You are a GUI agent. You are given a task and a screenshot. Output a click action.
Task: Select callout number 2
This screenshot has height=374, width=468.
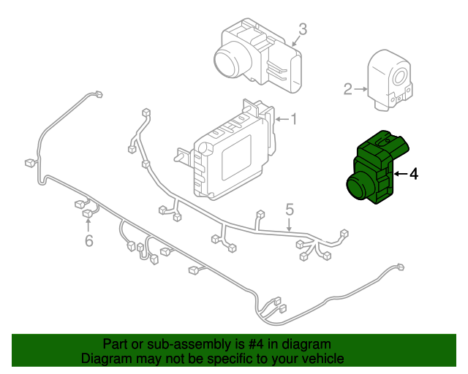pyautogui.click(x=348, y=90)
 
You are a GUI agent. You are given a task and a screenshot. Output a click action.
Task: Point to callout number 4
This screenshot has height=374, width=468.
pyautogui.click(x=413, y=174)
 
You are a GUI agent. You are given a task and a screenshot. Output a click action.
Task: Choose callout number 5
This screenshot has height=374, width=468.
pyautogui.click(x=290, y=210)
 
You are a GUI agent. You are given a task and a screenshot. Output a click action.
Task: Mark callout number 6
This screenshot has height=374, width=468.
pyautogui.click(x=88, y=240)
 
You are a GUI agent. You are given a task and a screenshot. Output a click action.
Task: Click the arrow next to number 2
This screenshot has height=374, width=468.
pyautogui.click(x=362, y=90)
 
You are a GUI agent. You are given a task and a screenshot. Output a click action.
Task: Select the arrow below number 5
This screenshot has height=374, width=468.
pyautogui.click(x=290, y=225)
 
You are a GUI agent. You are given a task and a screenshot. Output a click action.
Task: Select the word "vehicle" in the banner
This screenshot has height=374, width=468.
pyautogui.click(x=322, y=359)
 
